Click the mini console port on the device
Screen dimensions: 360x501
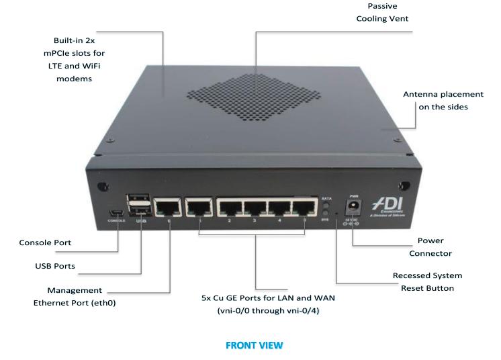118,213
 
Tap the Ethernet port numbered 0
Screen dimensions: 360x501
167,207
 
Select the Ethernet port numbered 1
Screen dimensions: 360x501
199,207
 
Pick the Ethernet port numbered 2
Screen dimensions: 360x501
230,208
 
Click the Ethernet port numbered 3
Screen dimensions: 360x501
255,208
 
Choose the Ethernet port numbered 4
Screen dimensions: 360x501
280,208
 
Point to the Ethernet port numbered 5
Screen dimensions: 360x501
304,208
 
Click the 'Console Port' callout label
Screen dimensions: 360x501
45,242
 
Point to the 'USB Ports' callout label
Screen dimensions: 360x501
55,266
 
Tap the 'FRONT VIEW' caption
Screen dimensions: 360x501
254,345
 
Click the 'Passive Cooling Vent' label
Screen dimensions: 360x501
382,12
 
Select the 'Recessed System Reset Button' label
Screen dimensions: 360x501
427,281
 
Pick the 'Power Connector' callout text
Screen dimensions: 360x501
435,246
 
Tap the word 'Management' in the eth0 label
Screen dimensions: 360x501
75,290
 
